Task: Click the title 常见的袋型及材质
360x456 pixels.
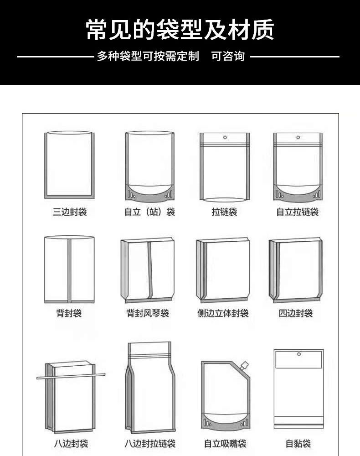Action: (x=180, y=30)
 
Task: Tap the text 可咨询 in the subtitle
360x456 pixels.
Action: (x=228, y=56)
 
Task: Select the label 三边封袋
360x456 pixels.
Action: (x=70, y=212)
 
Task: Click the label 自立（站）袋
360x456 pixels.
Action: (x=149, y=212)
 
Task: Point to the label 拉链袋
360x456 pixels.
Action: (x=224, y=212)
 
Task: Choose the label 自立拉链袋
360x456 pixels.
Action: (x=298, y=212)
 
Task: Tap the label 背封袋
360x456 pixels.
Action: (x=69, y=313)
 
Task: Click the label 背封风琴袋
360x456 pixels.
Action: (x=148, y=313)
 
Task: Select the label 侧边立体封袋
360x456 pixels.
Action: (x=223, y=313)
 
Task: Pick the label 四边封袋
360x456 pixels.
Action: (x=296, y=313)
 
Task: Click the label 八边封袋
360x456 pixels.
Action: (x=71, y=444)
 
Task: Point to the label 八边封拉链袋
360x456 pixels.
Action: (x=150, y=444)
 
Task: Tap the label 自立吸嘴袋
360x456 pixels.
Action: (x=225, y=444)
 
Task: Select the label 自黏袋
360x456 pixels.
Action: (x=298, y=444)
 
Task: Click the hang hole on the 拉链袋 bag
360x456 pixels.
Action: (x=225, y=137)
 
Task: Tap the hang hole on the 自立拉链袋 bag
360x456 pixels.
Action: (x=298, y=137)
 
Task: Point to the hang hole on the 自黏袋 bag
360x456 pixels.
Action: (x=299, y=354)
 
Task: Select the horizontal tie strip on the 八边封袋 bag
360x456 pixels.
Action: (x=71, y=376)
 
